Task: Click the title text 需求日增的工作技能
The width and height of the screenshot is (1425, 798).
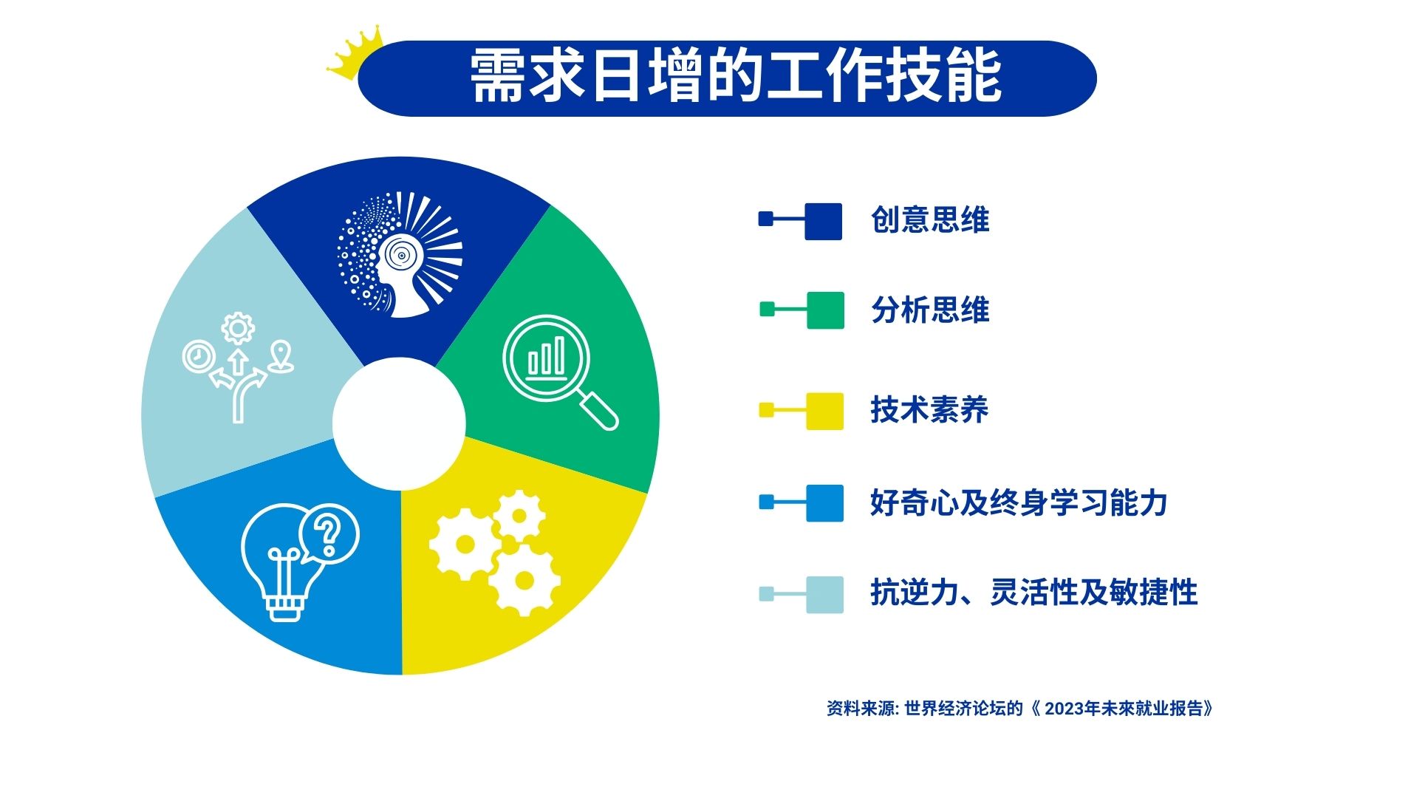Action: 736,76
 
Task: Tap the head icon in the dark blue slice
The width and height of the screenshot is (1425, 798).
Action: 400,255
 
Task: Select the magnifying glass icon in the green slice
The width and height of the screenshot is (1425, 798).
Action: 560,372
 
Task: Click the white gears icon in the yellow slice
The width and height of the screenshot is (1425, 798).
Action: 494,553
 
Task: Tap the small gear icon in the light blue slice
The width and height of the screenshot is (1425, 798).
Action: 238,328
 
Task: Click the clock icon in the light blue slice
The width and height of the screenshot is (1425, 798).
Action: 199,357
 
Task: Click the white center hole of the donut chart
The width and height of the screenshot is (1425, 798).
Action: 399,423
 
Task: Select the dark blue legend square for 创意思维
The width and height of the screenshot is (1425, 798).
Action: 824,222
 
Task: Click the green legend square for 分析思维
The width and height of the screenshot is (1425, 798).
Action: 825,310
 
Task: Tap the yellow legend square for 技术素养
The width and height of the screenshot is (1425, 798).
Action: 824,411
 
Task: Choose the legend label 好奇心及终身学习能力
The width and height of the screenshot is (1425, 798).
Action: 1019,503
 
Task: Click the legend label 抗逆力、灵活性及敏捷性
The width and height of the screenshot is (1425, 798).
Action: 1033,593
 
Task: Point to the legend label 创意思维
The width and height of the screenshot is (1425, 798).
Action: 930,220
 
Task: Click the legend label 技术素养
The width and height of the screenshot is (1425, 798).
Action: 929,409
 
